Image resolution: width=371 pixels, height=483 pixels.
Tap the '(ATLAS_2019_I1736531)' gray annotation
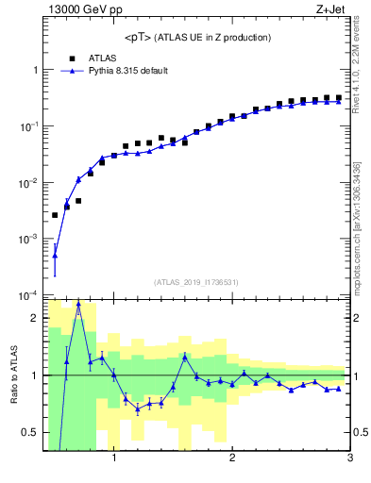[x=197, y=282]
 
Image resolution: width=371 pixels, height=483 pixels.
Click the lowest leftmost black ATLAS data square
[x=55, y=215]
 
